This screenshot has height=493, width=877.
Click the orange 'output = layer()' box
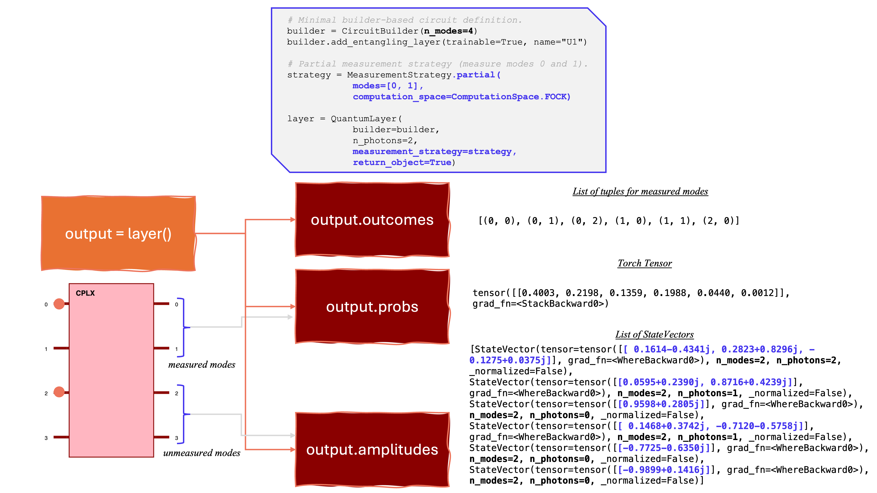(x=118, y=234)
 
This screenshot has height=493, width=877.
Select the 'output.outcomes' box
(x=372, y=220)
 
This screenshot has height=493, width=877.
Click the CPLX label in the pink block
(x=85, y=293)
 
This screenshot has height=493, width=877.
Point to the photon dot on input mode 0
(x=59, y=304)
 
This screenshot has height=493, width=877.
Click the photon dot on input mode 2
(x=59, y=392)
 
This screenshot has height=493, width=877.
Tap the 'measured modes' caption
(x=201, y=365)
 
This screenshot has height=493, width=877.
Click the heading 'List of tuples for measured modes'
(x=640, y=191)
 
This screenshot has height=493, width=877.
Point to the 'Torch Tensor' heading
(x=645, y=263)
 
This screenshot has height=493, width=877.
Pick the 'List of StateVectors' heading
(x=654, y=335)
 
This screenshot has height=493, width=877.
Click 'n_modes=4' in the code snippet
(x=448, y=31)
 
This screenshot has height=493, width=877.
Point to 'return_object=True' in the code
(x=402, y=163)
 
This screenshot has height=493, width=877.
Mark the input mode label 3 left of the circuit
(x=46, y=438)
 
